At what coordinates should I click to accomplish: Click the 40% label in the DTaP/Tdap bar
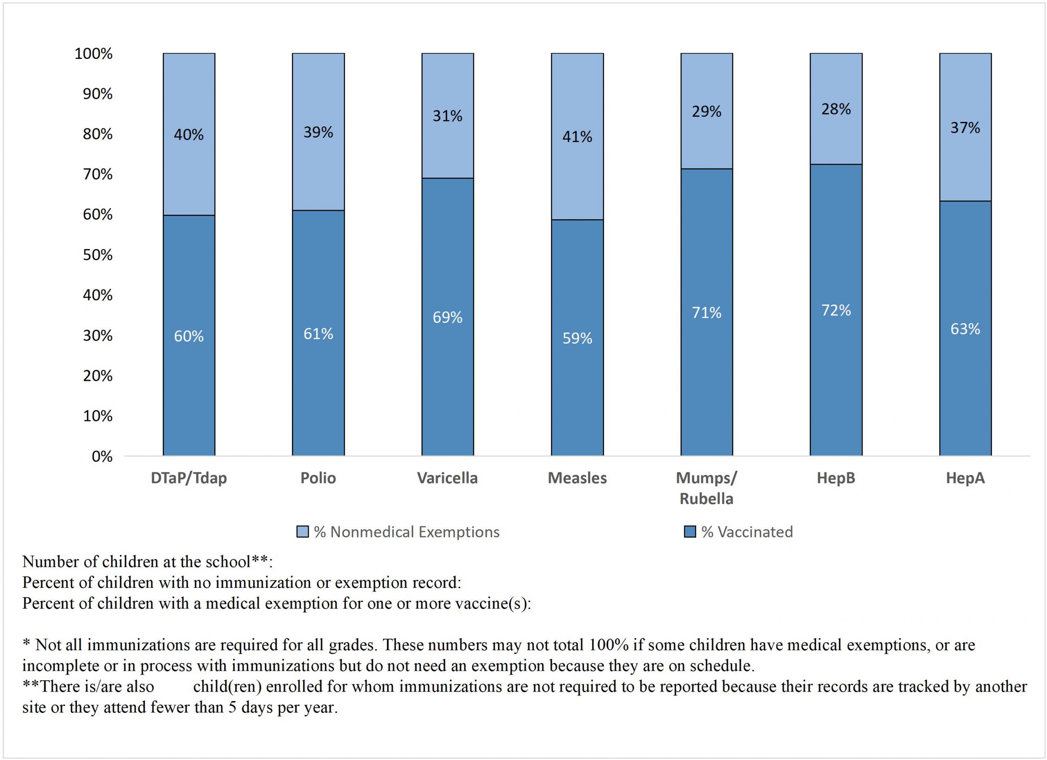tap(189, 135)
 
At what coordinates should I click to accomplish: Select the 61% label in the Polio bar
tap(318, 333)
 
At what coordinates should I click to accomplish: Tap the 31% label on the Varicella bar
tap(447, 116)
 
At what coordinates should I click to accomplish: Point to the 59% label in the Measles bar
tap(577, 338)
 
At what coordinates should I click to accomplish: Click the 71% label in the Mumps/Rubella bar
tap(706, 313)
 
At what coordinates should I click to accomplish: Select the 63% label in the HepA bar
tap(965, 329)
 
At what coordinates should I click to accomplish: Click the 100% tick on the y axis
tap(94, 54)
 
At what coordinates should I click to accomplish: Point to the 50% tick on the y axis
tap(98, 255)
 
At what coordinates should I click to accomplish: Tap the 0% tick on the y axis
tap(102, 456)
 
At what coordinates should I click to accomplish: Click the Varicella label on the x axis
tap(447, 478)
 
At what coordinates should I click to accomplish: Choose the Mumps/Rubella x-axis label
tap(706, 488)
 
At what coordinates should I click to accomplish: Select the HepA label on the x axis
tap(965, 478)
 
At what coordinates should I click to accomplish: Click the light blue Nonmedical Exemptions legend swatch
tap(302, 532)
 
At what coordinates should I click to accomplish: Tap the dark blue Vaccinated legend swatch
tap(690, 532)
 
